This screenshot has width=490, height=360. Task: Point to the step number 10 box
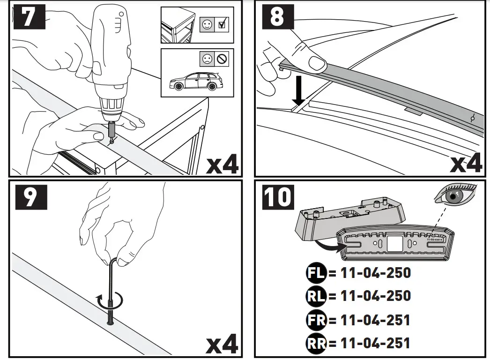278,198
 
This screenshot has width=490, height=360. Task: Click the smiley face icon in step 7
207,25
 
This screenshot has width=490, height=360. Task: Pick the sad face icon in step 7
207,60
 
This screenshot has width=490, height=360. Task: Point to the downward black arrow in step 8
298,92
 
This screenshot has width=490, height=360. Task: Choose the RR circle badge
315,343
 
